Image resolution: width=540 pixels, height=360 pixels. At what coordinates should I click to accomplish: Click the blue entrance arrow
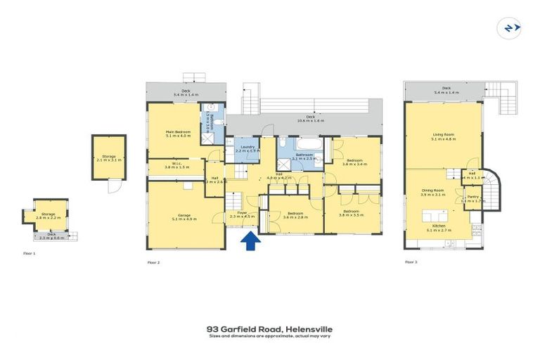[250, 242]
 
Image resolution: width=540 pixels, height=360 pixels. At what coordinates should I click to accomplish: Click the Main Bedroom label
[179, 133]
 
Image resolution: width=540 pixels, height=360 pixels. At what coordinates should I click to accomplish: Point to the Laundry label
[247, 148]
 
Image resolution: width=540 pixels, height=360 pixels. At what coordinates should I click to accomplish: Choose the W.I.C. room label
[173, 165]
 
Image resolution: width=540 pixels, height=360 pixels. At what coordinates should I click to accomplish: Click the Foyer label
[242, 214]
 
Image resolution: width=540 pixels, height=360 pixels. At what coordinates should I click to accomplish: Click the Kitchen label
[439, 227]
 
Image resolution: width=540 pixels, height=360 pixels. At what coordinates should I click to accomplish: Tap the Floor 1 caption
[29, 252]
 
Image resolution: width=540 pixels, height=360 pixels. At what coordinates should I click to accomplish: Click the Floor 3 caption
[411, 262]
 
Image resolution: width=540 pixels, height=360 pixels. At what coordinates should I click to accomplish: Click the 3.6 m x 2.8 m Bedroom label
[295, 215]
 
